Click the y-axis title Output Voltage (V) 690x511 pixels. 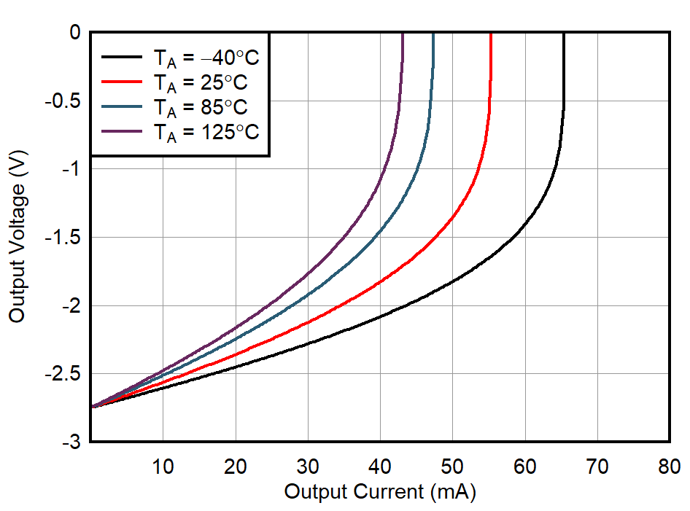(x=17, y=238)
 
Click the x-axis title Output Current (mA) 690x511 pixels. (x=379, y=492)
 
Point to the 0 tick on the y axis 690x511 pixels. (x=74, y=32)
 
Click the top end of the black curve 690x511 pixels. (x=563, y=34)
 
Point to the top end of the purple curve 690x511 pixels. (x=403, y=34)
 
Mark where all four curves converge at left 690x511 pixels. (x=93, y=406)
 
